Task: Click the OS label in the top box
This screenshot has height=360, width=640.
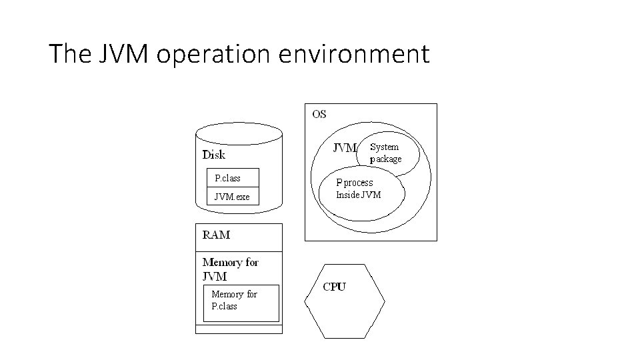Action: tap(319, 114)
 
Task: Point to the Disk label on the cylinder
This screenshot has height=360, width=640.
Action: tap(214, 155)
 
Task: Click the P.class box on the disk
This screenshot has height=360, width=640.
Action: tap(232, 178)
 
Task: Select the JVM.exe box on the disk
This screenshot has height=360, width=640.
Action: tap(232, 197)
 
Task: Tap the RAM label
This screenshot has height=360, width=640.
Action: tap(216, 235)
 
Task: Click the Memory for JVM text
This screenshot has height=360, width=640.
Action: tap(229, 269)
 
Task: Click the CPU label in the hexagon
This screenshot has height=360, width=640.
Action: tap(334, 287)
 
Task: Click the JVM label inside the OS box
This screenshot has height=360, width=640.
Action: tap(345, 148)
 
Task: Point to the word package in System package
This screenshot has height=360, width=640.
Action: tap(386, 159)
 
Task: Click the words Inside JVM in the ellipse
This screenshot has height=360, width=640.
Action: tap(358, 195)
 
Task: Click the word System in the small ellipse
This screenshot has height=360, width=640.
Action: tap(384, 147)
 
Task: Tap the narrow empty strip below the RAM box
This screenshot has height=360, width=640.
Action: tap(238, 329)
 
